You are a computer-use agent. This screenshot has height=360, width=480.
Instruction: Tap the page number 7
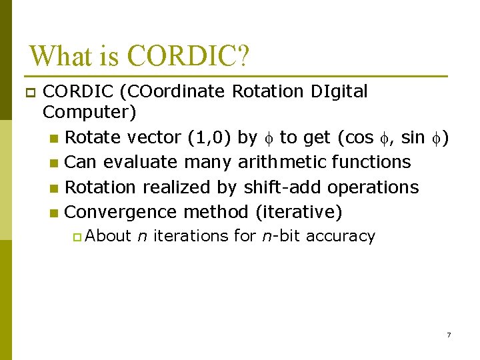click(x=449, y=335)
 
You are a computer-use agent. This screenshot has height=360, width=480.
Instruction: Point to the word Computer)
click(x=89, y=113)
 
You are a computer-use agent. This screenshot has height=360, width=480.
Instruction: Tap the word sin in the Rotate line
click(x=413, y=138)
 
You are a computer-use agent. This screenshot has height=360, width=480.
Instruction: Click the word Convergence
click(x=121, y=212)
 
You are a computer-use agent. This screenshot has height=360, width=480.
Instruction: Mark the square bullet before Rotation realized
click(x=54, y=188)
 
